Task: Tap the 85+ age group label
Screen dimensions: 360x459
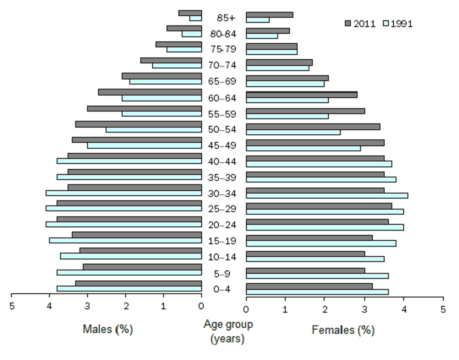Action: point(225,18)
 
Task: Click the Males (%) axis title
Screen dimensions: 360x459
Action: point(107,329)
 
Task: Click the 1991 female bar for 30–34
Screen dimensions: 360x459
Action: point(327,195)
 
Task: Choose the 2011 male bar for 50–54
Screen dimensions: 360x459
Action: point(139,124)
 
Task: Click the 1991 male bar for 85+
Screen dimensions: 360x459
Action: point(195,19)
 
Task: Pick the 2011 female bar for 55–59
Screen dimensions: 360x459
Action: point(305,110)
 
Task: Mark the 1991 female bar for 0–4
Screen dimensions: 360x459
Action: point(317,292)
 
